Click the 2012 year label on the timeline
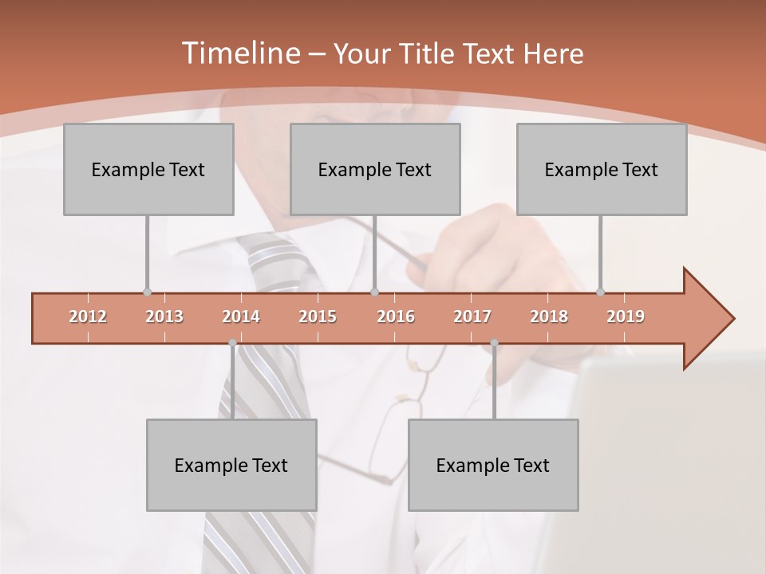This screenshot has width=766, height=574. point(88,316)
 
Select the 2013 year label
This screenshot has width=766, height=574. point(164,316)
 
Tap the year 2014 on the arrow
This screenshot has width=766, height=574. point(241,316)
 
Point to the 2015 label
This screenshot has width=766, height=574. point(318,316)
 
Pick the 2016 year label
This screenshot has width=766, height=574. point(396,316)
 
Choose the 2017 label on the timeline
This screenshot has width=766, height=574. point(472,316)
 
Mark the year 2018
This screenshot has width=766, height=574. point(549,316)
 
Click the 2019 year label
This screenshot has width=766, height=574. point(626,316)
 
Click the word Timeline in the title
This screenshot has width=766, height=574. point(239,53)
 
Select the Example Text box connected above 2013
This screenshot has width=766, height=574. point(148,169)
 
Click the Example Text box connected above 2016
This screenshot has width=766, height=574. point(375,169)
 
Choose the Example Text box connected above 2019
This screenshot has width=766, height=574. point(602,169)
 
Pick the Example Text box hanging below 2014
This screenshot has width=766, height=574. point(231,465)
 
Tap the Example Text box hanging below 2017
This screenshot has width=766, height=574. point(493,465)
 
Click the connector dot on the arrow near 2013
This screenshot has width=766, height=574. point(147,293)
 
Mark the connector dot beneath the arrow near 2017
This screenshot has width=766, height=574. point(494,343)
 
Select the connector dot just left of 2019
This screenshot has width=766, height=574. point(601,293)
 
